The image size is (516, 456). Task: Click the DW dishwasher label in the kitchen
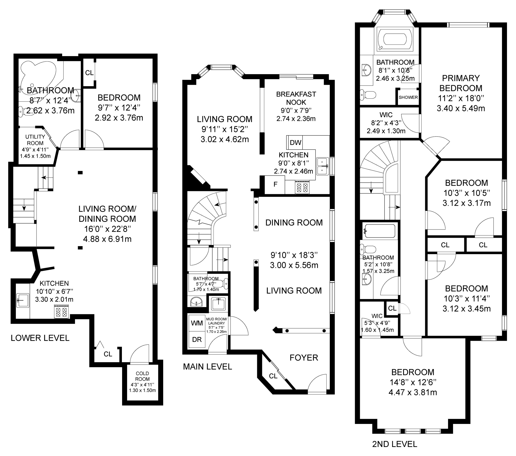295,143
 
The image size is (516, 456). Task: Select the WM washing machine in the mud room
197,323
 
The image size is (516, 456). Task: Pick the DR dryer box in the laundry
197,340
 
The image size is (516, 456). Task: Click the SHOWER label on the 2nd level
408,97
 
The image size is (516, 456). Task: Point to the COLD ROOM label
142,376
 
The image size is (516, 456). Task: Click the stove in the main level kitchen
302,187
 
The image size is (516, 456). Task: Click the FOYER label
304,358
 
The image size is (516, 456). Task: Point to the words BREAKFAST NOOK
296,98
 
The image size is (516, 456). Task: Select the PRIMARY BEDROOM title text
461,83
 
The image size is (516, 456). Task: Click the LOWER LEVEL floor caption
40,338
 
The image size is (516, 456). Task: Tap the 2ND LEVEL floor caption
395,451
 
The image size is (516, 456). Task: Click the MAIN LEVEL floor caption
207,367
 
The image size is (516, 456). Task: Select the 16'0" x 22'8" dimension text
107,229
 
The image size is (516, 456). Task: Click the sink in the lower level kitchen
23,301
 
